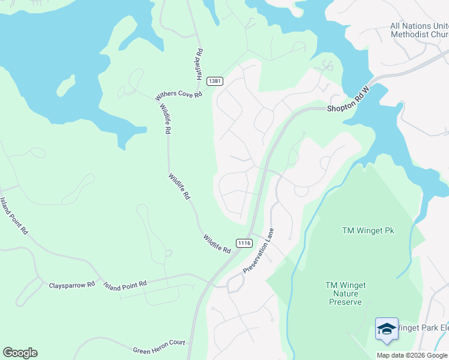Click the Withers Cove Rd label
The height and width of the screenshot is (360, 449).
tap(179, 95)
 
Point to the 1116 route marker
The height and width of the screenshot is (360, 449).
tap(244, 243)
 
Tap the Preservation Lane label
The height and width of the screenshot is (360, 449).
tap(259, 251)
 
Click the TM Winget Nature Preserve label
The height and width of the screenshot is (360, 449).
tap(346, 293)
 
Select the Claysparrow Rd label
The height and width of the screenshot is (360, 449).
tap(72, 285)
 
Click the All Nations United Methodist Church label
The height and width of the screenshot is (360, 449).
tap(419, 30)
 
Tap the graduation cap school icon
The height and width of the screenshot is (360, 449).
tap(387, 329)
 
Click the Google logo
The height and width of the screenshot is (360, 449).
tap(20, 353)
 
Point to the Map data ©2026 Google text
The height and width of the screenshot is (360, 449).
tap(412, 355)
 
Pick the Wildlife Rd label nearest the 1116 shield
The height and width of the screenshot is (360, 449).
tap(217, 243)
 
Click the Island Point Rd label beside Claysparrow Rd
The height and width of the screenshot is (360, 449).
tap(125, 285)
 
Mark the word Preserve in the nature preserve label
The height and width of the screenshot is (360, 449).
tap(346, 302)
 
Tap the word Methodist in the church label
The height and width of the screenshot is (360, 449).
tap(416, 34)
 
